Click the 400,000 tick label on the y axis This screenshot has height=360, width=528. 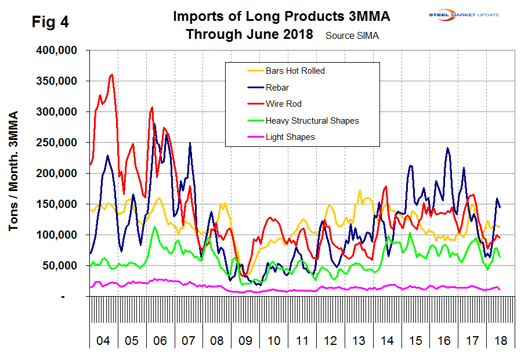coord(59,51)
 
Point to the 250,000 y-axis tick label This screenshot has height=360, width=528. coord(59,143)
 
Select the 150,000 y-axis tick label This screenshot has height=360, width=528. coord(59,204)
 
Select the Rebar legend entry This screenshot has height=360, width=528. coord(277,88)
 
